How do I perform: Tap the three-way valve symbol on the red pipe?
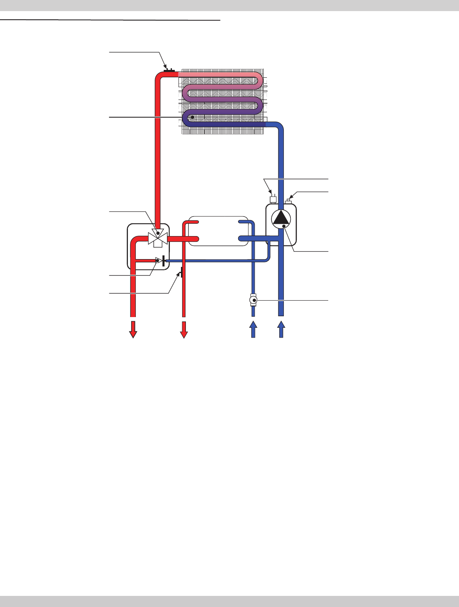click(158, 238)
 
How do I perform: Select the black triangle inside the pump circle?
click(281, 218)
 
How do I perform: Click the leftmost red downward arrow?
click(133, 329)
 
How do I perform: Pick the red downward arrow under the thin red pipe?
click(184, 329)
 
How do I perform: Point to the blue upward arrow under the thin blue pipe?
click(253, 329)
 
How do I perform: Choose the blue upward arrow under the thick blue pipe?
click(281, 329)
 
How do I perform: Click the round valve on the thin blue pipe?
click(253, 301)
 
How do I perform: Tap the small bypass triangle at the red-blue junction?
click(158, 260)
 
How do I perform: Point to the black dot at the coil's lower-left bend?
click(192, 117)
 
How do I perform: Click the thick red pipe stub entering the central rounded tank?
click(189, 239)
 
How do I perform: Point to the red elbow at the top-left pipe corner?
click(160, 76)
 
